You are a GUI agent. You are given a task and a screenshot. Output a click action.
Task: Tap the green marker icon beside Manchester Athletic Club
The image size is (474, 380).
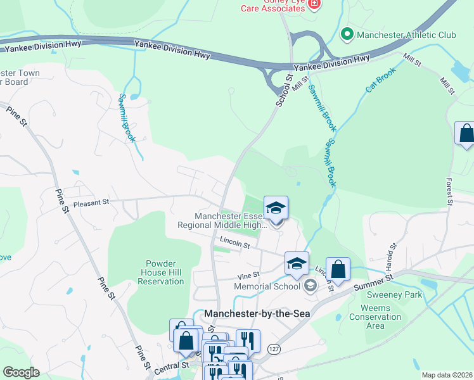pos(347,34)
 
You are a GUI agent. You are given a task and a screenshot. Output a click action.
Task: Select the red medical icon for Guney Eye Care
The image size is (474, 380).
pos(315,5)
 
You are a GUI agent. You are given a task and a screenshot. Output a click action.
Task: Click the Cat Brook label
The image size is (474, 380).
pos(380,81)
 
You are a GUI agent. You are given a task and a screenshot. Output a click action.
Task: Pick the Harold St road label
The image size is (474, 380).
pos(389,255)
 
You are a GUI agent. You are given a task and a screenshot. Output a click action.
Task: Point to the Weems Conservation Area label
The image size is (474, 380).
pos(376,317)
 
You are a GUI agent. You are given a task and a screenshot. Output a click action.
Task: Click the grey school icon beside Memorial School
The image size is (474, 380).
pos(310,286)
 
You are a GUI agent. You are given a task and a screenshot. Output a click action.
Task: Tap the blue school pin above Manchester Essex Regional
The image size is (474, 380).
pos(276,208)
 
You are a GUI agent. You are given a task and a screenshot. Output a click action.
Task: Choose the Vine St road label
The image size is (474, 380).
pos(248,275)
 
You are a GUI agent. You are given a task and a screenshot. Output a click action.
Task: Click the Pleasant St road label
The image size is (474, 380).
pos(91,203)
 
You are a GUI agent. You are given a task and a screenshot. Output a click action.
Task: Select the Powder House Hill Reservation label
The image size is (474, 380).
pos(155,272)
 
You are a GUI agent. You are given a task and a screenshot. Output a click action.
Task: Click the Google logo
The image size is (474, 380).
pos(22,372)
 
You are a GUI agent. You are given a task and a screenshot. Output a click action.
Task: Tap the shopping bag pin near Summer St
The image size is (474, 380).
pos(338,269)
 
